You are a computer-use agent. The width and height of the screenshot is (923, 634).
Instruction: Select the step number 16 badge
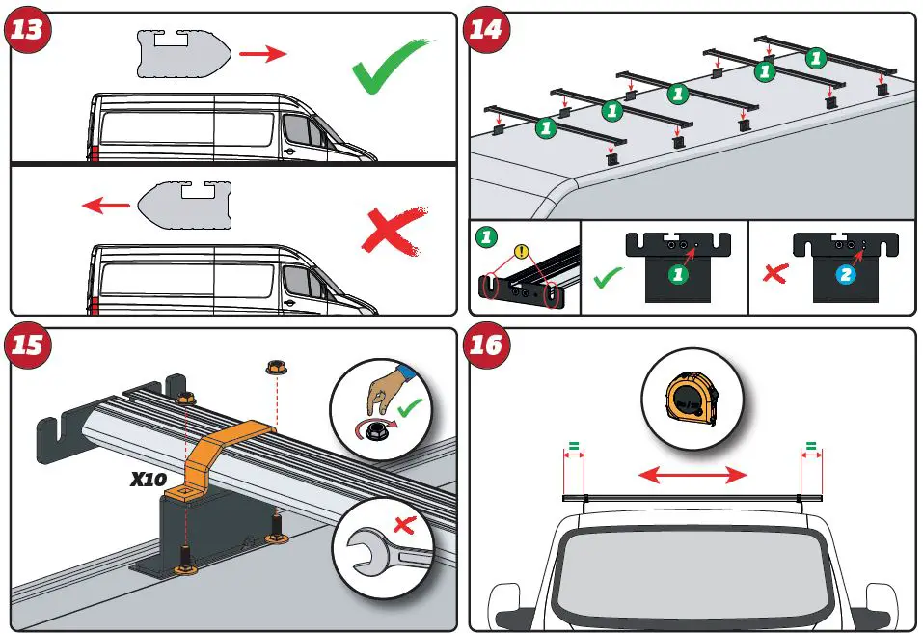[487, 345]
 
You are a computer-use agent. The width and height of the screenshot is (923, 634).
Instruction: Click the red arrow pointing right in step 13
[262, 53]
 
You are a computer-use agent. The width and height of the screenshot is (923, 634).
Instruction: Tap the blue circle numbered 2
[846, 274]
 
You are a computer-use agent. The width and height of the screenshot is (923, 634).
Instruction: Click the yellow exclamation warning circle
[523, 253]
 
